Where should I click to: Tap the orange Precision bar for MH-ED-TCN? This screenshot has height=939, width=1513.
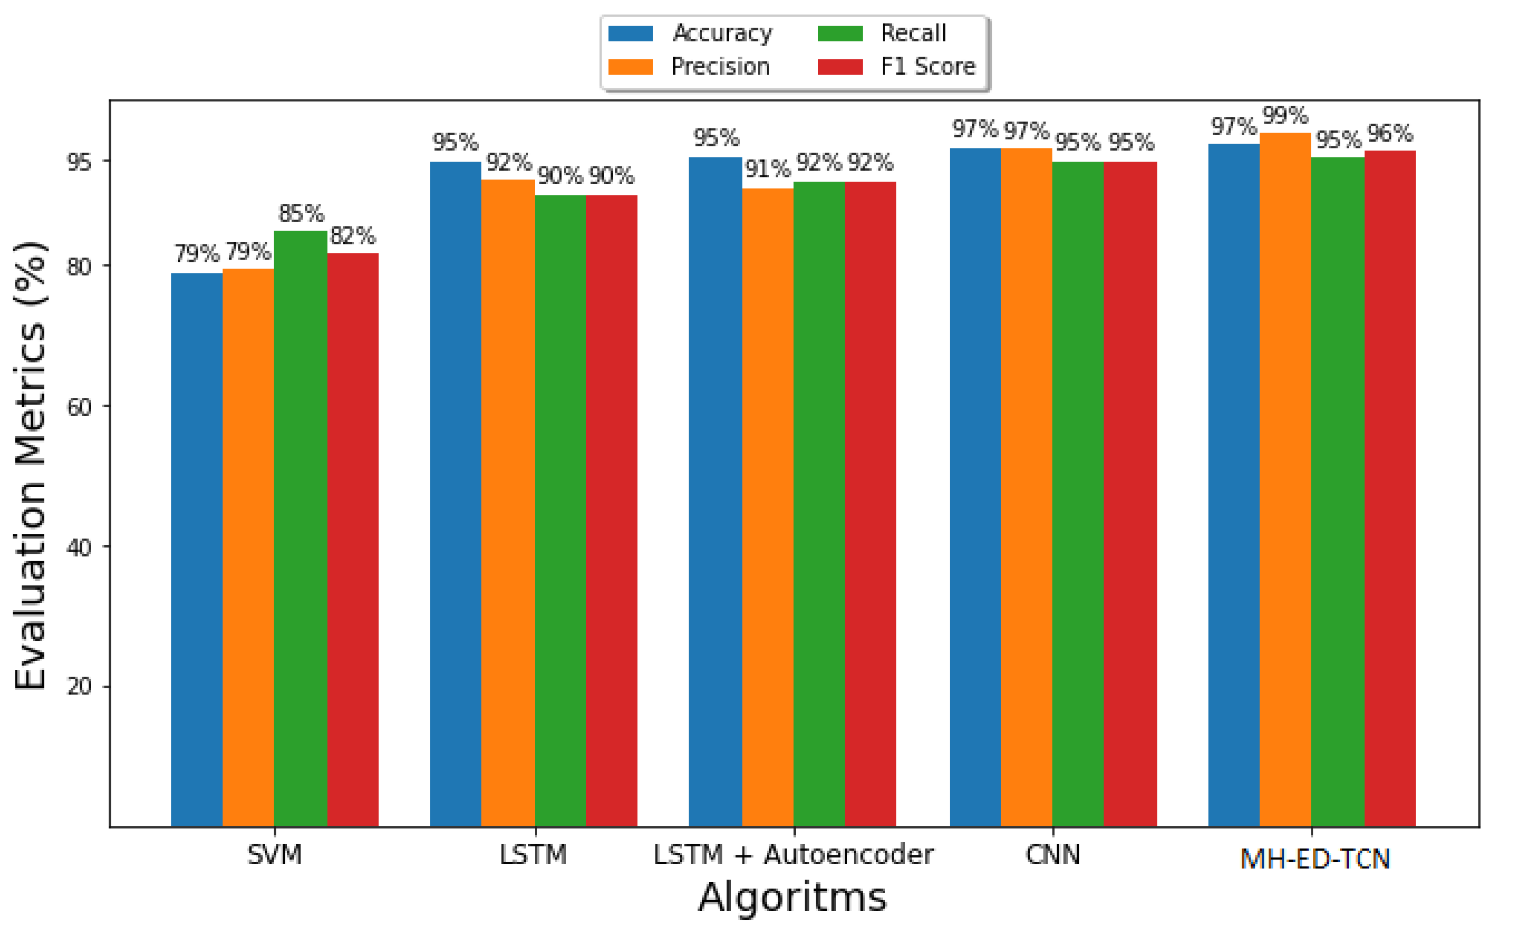click(1285, 478)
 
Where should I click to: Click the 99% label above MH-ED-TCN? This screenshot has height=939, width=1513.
click(1285, 116)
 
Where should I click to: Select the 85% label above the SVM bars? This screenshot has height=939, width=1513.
click(301, 214)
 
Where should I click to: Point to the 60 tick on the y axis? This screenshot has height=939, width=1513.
click(79, 407)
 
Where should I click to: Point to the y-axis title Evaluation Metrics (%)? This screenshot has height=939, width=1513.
click(30, 466)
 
